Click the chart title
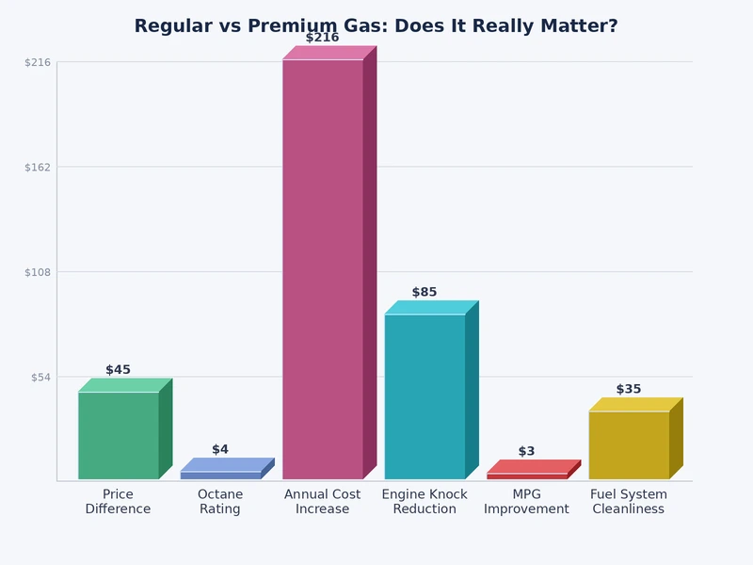point(376,26)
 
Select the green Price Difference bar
point(119,435)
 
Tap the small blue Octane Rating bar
point(220,475)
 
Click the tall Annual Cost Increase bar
point(323,268)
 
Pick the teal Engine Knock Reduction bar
point(425,395)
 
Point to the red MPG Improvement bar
point(527,476)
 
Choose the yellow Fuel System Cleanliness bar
point(629,444)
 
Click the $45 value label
point(119,370)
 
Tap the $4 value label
point(220,450)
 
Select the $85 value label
point(425,293)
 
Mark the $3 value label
point(526,452)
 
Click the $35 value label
point(629,390)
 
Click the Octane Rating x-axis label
point(220,502)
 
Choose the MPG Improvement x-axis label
point(527,502)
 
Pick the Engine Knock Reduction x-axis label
point(425,502)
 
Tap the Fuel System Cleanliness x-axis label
point(629,502)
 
